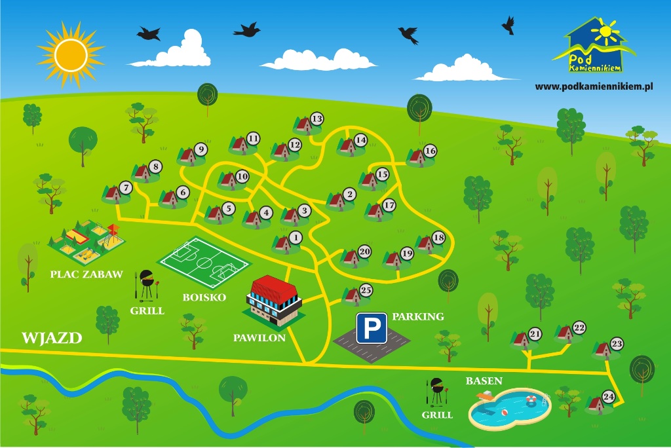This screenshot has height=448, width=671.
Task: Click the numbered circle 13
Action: pyautogui.click(x=316, y=119)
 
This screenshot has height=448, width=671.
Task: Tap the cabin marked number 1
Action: pyautogui.click(x=282, y=244)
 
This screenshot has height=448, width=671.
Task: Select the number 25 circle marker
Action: pyautogui.click(x=366, y=290)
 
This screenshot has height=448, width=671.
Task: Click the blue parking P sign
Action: pyautogui.click(x=372, y=328)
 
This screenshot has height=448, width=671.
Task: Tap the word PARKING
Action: pyautogui.click(x=418, y=316)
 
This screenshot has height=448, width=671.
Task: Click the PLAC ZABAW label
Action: pyautogui.click(x=86, y=274)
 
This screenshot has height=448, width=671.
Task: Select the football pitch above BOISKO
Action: pyautogui.click(x=204, y=263)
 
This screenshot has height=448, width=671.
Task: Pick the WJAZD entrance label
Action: pyautogui.click(x=52, y=338)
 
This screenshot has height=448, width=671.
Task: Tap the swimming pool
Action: pyautogui.click(x=510, y=409)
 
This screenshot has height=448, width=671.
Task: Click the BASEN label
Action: pyautogui.click(x=484, y=381)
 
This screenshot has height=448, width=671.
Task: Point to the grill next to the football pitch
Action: pyautogui.click(x=146, y=284)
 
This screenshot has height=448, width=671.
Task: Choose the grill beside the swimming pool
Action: pyautogui.click(x=437, y=392)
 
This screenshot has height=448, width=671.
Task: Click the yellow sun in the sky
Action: pyautogui.click(x=71, y=56)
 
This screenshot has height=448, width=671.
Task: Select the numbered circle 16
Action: pyautogui.click(x=430, y=151)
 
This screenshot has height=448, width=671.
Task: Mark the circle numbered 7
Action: pyautogui.click(x=126, y=188)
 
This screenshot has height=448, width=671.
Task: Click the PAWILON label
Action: pyautogui.click(x=259, y=338)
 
